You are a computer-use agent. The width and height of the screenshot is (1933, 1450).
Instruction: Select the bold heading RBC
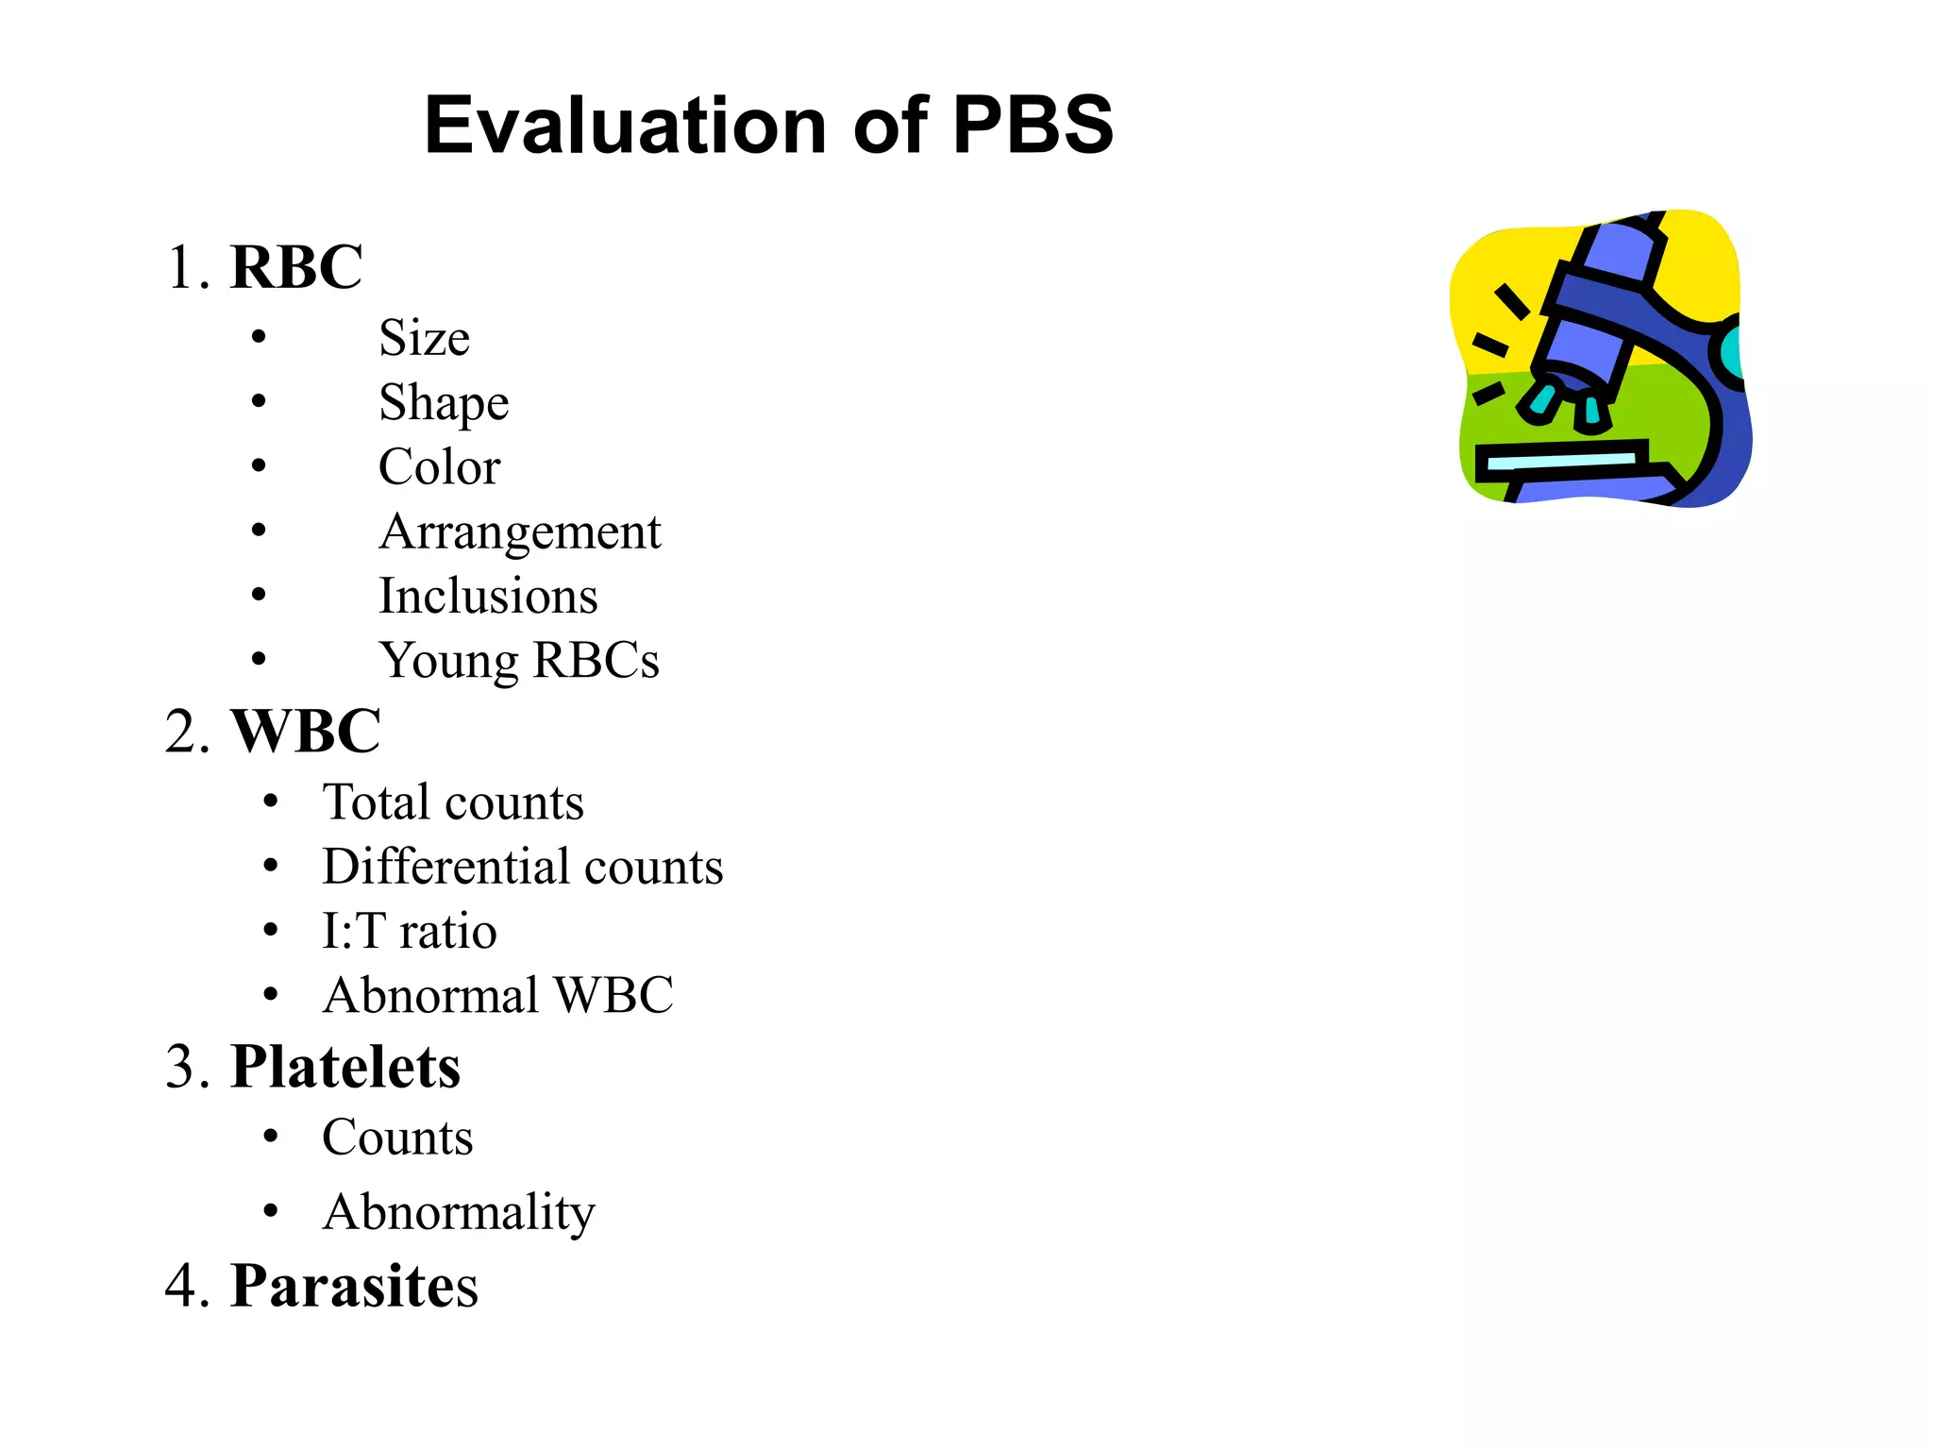tap(296, 267)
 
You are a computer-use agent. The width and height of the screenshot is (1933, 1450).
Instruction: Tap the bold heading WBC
tap(306, 731)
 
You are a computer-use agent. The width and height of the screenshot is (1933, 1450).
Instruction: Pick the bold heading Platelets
tap(345, 1068)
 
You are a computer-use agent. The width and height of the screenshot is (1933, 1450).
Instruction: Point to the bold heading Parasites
tap(354, 1286)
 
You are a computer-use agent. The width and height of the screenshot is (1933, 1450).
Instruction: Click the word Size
tap(424, 338)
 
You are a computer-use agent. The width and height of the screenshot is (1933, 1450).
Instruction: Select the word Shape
tap(444, 404)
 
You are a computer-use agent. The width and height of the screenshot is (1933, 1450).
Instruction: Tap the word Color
tap(439, 467)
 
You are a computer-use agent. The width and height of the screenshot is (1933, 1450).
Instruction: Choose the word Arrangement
tap(520, 532)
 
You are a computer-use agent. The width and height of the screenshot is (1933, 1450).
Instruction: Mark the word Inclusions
tap(488, 597)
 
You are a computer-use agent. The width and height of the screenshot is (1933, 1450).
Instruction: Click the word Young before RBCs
tap(448, 661)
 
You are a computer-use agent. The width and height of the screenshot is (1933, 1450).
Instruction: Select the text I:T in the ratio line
tap(353, 932)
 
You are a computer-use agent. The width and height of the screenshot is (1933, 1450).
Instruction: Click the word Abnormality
tap(459, 1213)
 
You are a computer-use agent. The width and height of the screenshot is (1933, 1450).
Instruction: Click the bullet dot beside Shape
tap(259, 402)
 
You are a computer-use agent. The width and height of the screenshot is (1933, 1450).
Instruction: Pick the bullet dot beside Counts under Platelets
tap(271, 1136)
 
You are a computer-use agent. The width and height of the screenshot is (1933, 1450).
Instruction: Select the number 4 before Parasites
tap(180, 1286)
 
